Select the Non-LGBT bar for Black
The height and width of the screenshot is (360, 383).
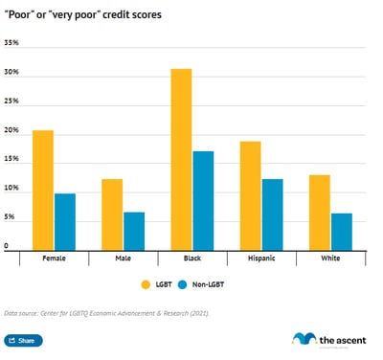(x=203, y=200)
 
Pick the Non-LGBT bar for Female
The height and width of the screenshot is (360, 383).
(x=65, y=221)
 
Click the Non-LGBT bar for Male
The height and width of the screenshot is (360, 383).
(x=134, y=231)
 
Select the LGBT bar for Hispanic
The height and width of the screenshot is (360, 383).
(x=251, y=195)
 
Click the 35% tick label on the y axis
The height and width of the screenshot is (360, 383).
(x=11, y=44)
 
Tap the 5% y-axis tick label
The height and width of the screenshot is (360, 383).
(x=10, y=218)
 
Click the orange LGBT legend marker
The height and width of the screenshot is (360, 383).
(x=146, y=284)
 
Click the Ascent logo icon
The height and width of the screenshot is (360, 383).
(x=304, y=340)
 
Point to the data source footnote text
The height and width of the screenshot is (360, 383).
(x=106, y=313)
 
